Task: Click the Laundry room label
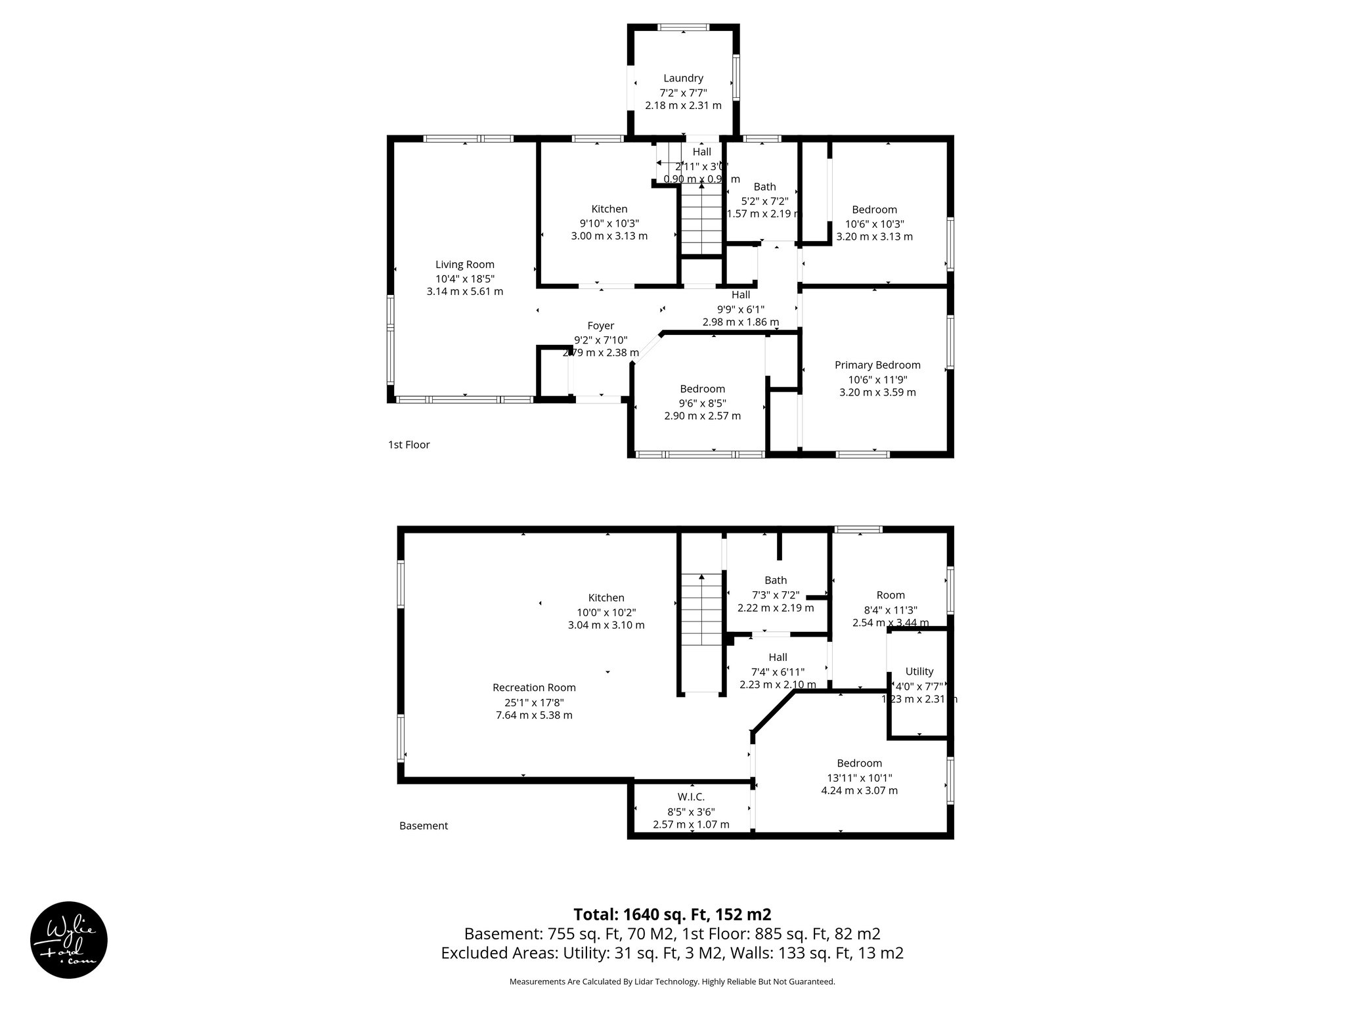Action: point(683,78)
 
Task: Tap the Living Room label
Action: point(465,265)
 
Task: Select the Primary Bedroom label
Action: point(877,365)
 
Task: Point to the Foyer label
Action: point(601,326)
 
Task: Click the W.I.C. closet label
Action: point(691,797)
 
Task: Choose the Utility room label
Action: point(919,671)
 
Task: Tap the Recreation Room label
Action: point(534,688)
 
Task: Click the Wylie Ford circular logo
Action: point(69,939)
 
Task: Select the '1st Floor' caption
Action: point(408,445)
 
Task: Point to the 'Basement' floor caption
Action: point(424,826)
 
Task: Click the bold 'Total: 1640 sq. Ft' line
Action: point(672,914)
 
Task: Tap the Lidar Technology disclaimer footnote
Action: point(672,981)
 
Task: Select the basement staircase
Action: point(701,611)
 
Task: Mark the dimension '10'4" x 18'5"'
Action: point(465,279)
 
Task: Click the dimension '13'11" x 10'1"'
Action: point(859,777)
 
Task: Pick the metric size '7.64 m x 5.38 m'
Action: point(534,715)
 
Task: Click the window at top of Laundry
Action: point(684,28)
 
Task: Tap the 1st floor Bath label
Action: point(764,187)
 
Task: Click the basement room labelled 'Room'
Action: point(891,595)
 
